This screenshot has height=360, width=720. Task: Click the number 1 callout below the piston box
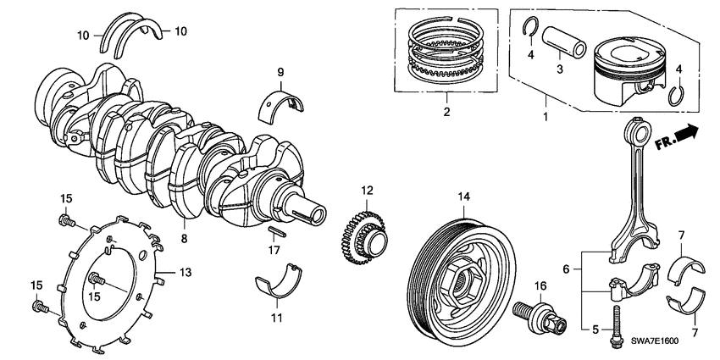point(545,113)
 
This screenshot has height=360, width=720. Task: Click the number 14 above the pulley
point(462,198)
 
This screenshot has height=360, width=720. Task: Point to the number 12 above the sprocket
point(365,191)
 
